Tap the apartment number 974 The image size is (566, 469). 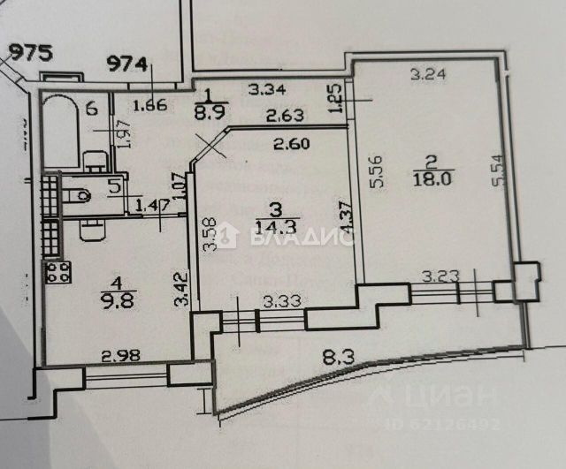(129, 63)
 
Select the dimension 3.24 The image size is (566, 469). (427, 76)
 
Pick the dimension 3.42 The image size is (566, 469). (183, 291)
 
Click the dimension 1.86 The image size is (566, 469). (149, 108)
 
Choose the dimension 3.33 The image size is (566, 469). (276, 301)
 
